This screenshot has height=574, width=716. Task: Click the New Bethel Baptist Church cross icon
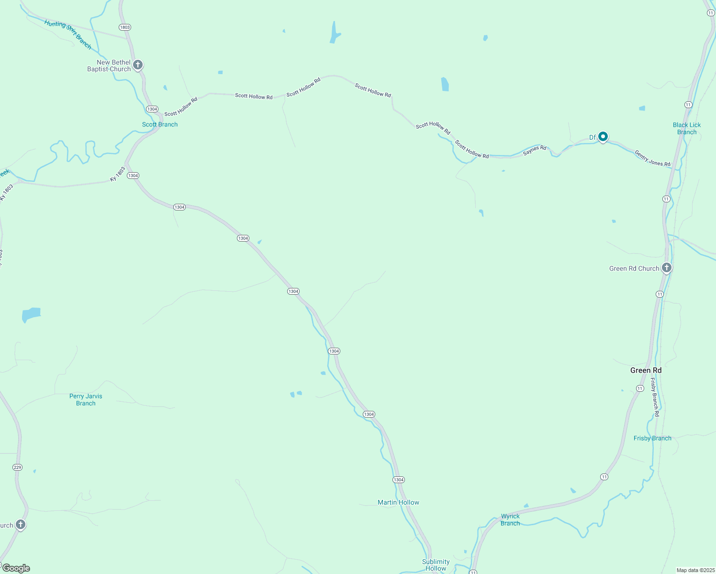tap(138, 65)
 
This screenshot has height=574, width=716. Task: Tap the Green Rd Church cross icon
tap(667, 267)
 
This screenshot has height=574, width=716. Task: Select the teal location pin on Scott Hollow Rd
tap(603, 137)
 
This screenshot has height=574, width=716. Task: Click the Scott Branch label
tap(160, 124)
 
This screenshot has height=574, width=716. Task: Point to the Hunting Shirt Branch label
tap(68, 34)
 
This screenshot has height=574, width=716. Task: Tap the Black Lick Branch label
tap(686, 128)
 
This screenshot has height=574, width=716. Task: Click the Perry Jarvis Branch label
tap(86, 399)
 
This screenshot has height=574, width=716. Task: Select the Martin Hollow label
tap(398, 502)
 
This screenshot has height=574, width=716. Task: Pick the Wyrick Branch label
tap(510, 519)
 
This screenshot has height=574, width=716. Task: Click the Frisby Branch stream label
tap(652, 438)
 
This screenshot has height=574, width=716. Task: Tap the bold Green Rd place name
tap(646, 370)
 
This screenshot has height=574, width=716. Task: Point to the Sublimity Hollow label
tap(436, 565)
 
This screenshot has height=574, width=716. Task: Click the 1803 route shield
tap(125, 27)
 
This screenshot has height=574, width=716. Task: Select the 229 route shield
tap(17, 467)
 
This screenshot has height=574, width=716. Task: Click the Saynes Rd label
tap(535, 150)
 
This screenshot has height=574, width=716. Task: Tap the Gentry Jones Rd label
tap(652, 158)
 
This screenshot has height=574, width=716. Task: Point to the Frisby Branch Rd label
tap(655, 397)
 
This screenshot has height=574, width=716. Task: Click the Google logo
tap(16, 568)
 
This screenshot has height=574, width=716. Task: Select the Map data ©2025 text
tap(695, 570)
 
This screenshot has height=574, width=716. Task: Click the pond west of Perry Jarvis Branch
tap(32, 315)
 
